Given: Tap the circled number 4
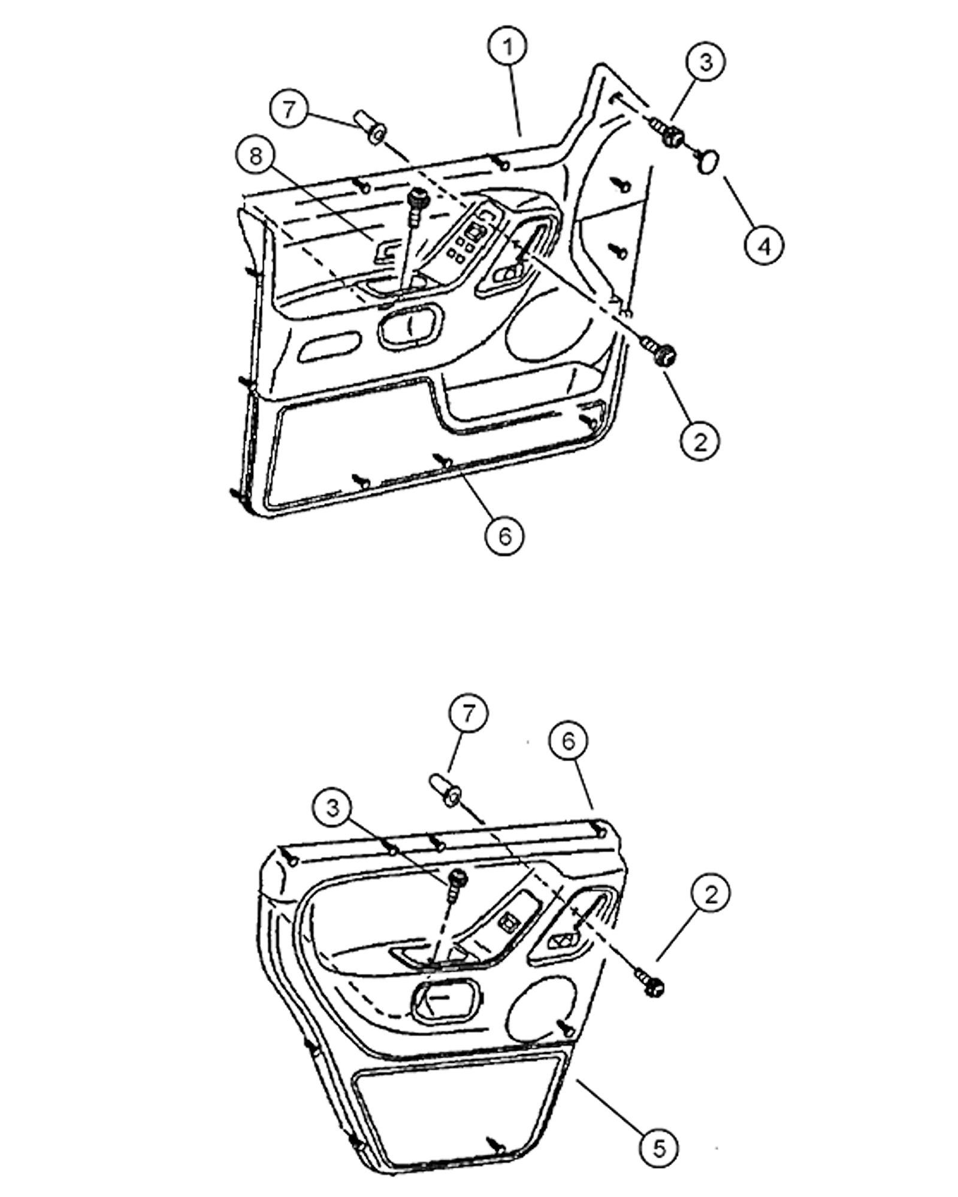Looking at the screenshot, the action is [x=764, y=244].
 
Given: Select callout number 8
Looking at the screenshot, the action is [x=256, y=158].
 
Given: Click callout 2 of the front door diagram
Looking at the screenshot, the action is [x=699, y=441].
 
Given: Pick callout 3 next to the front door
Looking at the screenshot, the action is [x=705, y=62].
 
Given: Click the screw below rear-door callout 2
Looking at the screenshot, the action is [x=654, y=985].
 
